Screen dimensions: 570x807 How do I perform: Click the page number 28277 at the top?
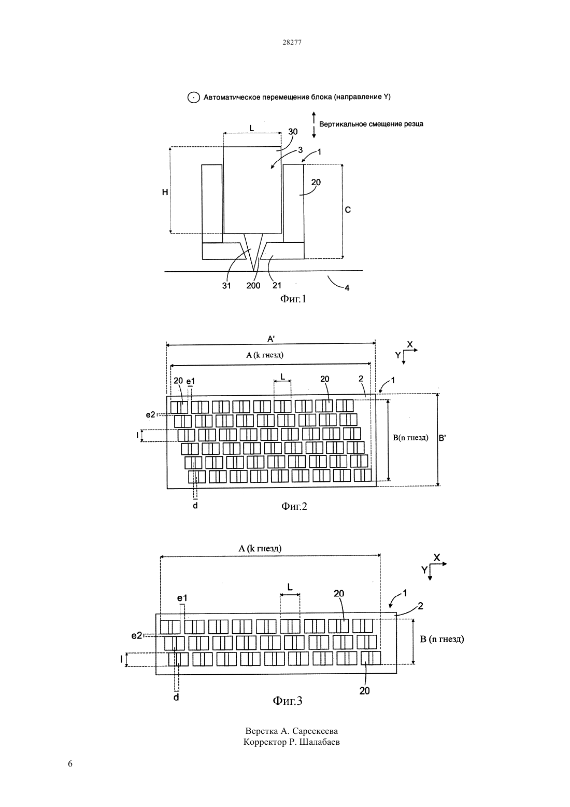pyautogui.click(x=292, y=42)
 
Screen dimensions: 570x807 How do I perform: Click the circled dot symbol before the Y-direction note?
pyautogui.click(x=194, y=98)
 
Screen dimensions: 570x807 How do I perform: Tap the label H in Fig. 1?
pyautogui.click(x=165, y=192)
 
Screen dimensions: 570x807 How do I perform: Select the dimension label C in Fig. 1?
pyautogui.click(x=348, y=210)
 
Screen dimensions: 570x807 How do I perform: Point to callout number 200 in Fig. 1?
pyautogui.click(x=253, y=285)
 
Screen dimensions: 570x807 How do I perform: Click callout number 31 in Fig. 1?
pyautogui.click(x=226, y=285)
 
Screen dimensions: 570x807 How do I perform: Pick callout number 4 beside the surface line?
pyautogui.click(x=347, y=288)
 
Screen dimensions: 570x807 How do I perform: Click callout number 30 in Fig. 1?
pyautogui.click(x=293, y=132)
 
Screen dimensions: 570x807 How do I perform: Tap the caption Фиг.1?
pyautogui.click(x=293, y=299)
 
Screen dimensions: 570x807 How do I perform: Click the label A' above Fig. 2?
pyautogui.click(x=271, y=339)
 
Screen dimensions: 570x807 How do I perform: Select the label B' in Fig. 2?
pyautogui.click(x=442, y=438)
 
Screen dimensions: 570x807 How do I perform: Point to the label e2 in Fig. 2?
pyautogui.click(x=150, y=415)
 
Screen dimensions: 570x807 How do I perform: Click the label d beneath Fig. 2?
pyautogui.click(x=195, y=506)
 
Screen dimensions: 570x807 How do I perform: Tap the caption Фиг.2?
pyautogui.click(x=294, y=506)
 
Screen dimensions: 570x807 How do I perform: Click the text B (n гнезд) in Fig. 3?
pyautogui.click(x=442, y=639)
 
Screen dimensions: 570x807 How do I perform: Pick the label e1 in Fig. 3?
pyautogui.click(x=182, y=598)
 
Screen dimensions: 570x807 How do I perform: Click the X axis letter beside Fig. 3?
pyautogui.click(x=436, y=558)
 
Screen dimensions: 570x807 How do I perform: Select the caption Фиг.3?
pyautogui.click(x=288, y=701)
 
